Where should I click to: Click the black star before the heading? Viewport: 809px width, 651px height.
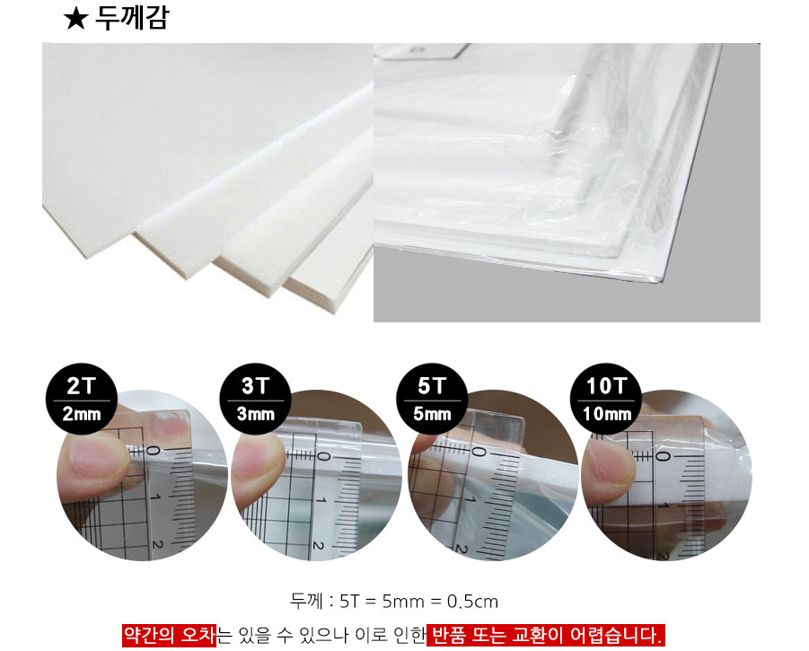75,20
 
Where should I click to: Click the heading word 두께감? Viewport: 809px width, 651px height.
132,18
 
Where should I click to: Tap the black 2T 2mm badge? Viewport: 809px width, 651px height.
82,399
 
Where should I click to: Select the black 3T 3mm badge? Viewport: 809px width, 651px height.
255,399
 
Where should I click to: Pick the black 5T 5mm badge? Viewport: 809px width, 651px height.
432,399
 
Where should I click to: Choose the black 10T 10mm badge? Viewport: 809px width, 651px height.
606,399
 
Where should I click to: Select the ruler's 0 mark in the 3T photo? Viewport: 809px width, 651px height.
322,456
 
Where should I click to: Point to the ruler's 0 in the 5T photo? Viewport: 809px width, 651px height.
479,453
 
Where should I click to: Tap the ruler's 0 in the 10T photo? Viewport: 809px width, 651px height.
663,457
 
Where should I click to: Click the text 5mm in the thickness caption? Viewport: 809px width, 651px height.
403,602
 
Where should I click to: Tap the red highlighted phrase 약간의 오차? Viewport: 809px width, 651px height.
169,635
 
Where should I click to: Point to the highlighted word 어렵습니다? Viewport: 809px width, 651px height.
616,635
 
